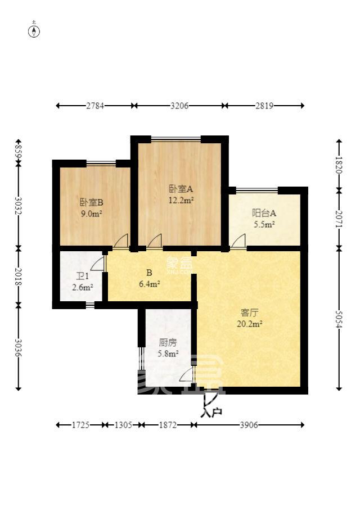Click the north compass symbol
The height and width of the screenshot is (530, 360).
pyautogui.click(x=34, y=30)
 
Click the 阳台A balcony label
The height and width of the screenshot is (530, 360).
pyautogui.click(x=263, y=213)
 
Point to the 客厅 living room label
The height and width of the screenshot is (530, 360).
pyautogui.click(x=249, y=312)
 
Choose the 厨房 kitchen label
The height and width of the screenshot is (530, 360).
pyautogui.click(x=168, y=342)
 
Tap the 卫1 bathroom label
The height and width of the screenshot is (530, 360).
pyautogui.click(x=82, y=277)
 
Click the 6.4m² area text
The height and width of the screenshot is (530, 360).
pyautogui.click(x=149, y=284)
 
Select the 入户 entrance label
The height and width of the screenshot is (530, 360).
pyautogui.click(x=211, y=412)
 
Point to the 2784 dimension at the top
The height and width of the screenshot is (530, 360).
pyautogui.click(x=94, y=105)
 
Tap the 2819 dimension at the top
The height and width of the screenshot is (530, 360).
pyautogui.click(x=264, y=105)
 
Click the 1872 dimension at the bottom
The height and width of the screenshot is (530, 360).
pyautogui.click(x=168, y=425)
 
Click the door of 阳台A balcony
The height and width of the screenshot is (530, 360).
pyautogui.click(x=238, y=242)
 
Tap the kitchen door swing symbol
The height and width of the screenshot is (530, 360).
pyautogui.click(x=187, y=375)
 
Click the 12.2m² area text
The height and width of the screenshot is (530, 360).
pyautogui.click(x=181, y=200)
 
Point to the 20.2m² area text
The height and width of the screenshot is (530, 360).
pyautogui.click(x=252, y=324)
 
